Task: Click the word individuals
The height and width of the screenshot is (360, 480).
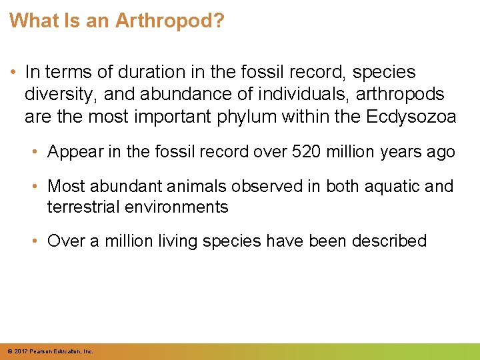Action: [x=254, y=95]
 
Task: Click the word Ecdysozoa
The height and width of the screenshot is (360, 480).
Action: [x=411, y=117]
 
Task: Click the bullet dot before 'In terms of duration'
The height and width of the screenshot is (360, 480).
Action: [x=13, y=72]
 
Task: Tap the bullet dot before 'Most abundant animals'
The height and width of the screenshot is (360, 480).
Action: [x=37, y=186]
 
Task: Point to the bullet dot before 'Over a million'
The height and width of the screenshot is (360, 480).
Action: [x=37, y=241]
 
